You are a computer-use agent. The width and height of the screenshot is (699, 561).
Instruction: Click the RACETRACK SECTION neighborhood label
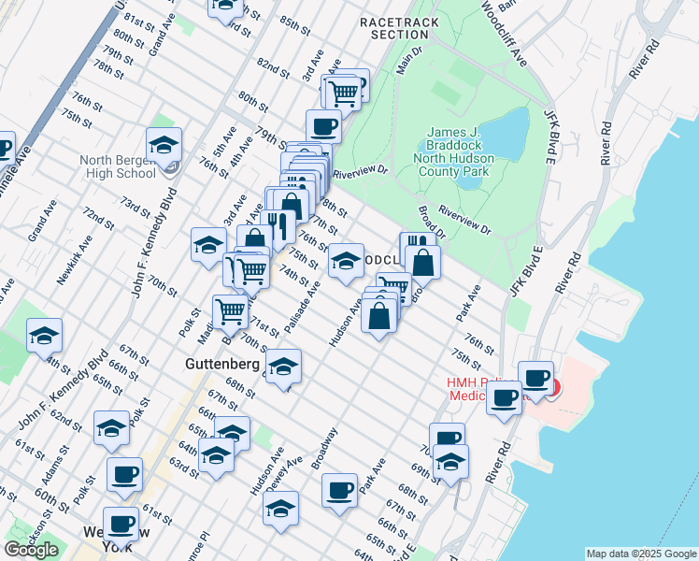[x=399, y=27]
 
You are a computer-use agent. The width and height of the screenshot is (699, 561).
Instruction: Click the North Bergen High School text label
[x=118, y=166]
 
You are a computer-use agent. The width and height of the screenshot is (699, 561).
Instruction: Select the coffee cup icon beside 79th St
[x=323, y=125]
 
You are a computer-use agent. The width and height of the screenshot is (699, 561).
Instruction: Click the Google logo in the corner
[x=31, y=550]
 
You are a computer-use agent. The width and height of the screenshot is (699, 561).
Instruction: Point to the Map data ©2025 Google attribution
[x=641, y=554]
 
